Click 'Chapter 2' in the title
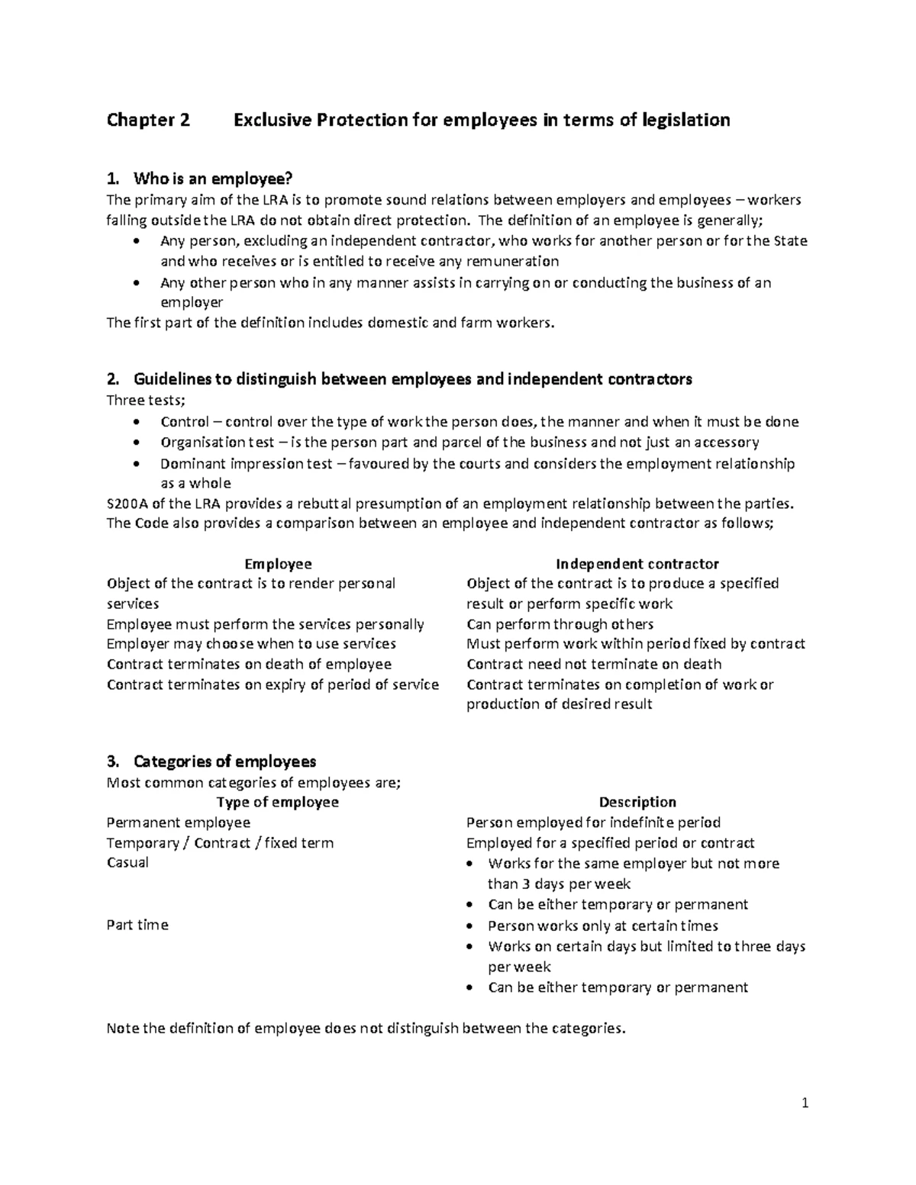(148, 120)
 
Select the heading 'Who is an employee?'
(212, 179)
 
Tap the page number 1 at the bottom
(805, 1103)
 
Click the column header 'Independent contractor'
(637, 564)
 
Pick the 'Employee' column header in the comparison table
(278, 564)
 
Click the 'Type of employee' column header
(278, 802)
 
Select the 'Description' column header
(637, 802)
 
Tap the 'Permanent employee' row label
(179, 823)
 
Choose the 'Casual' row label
(127, 863)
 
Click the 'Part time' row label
(137, 925)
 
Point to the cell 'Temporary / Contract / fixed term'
(220, 843)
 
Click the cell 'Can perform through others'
(560, 624)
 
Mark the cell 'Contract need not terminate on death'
(594, 665)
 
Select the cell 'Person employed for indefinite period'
(593, 823)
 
